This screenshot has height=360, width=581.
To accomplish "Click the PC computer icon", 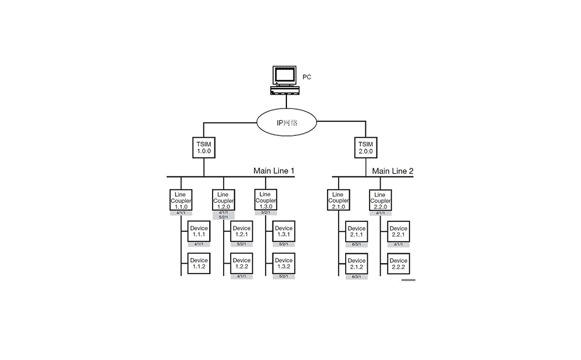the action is tap(285, 80).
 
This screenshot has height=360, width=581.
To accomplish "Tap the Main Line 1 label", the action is tap(274, 171).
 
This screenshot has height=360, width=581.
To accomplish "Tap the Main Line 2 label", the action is tap(393, 171).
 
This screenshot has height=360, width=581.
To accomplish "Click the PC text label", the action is tap(307, 77).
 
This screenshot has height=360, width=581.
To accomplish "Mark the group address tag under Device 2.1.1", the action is tap(357, 244).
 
